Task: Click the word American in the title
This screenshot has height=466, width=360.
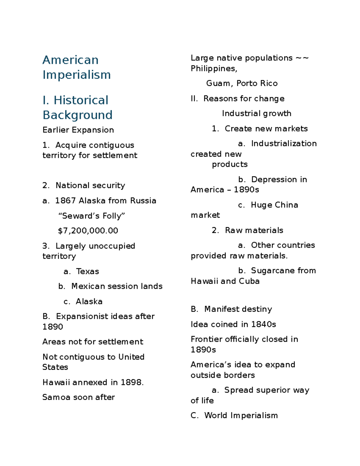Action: [70, 60]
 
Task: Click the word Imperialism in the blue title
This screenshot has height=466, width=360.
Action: [77, 75]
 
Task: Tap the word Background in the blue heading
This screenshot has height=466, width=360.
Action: [77, 115]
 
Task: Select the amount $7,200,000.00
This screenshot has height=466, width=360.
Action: [88, 231]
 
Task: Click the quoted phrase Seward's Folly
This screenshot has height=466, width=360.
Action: [91, 216]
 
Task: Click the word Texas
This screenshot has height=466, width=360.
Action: [87, 271]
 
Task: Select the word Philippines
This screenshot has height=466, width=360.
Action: [214, 69]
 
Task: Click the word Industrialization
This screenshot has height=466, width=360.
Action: [284, 143]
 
